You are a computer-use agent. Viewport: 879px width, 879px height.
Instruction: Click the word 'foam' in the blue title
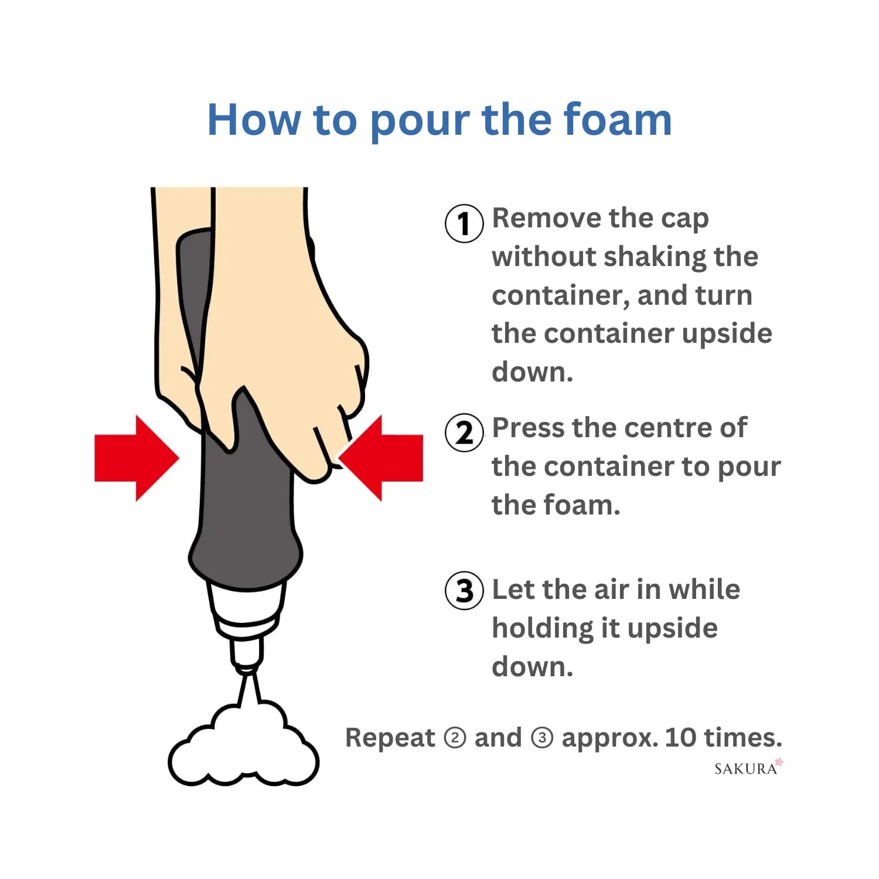coord(617,120)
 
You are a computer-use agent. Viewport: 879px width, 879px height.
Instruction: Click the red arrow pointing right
coord(137,458)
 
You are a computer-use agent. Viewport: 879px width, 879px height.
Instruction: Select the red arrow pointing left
coord(381,458)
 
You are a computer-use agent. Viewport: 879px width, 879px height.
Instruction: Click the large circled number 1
coord(464,223)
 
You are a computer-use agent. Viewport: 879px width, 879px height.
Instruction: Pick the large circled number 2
coord(464,433)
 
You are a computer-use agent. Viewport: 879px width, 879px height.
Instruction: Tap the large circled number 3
coord(464,591)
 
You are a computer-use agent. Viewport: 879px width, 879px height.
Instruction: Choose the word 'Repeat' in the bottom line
coord(390,738)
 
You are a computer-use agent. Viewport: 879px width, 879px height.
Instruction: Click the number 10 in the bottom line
coord(680,737)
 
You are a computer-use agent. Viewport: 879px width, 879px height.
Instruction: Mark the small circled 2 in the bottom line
coord(455,738)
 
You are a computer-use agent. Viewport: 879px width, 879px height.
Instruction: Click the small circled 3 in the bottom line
coord(541,738)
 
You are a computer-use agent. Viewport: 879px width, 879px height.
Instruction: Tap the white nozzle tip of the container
coord(246,654)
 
